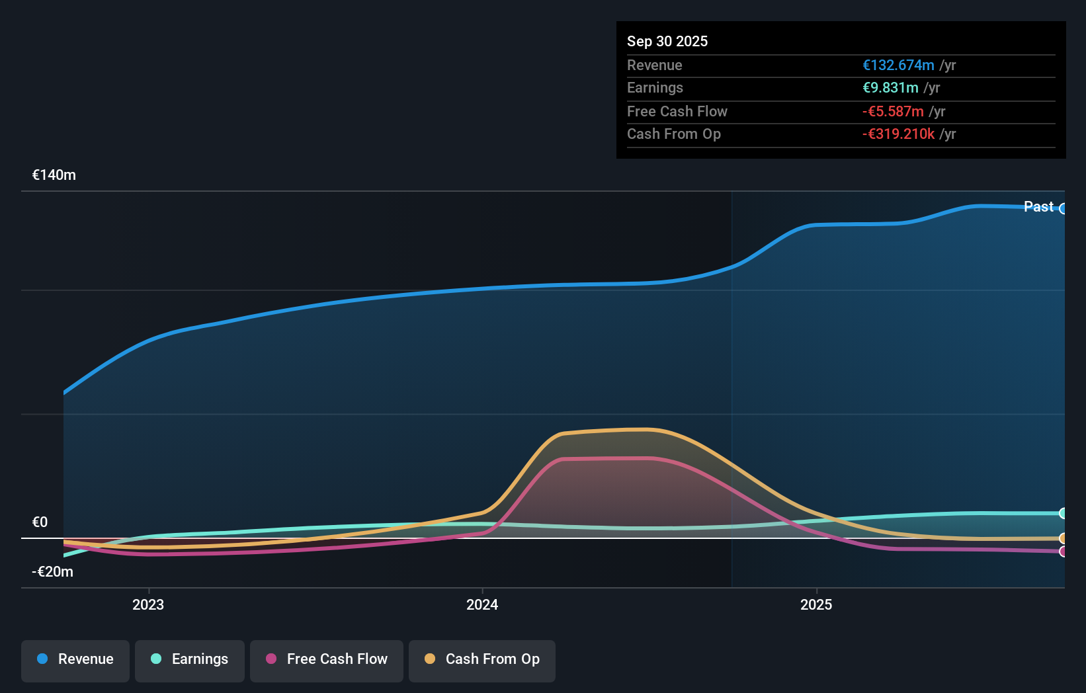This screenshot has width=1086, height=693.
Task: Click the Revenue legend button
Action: (x=75, y=659)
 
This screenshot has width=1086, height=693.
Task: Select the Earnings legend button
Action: (x=190, y=659)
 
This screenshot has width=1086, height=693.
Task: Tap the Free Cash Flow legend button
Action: (x=327, y=659)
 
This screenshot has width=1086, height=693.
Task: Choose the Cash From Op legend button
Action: (x=482, y=659)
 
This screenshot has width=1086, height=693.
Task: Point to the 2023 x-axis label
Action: (x=148, y=604)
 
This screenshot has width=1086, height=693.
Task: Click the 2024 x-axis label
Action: (x=482, y=604)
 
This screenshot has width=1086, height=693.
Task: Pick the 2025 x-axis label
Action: (x=816, y=604)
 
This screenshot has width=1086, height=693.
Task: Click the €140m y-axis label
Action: (x=54, y=175)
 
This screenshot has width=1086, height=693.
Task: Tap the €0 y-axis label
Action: (x=40, y=522)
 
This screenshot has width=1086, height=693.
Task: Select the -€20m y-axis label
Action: (x=53, y=572)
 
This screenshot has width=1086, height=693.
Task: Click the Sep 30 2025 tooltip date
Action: (x=667, y=41)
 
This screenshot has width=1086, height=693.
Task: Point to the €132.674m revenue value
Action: (x=898, y=65)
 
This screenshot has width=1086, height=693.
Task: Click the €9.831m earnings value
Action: (x=890, y=88)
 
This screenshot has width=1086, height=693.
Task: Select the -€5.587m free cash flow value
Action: (x=893, y=112)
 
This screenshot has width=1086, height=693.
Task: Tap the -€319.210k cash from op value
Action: (x=898, y=134)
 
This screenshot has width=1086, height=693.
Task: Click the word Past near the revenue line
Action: (x=1038, y=207)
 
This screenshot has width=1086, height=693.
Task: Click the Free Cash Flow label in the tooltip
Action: (x=677, y=112)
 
